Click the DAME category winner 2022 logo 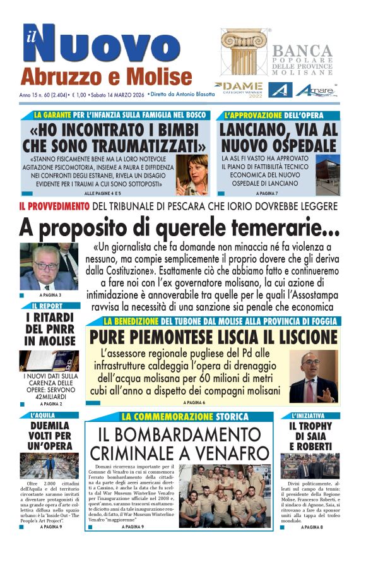click(237, 89)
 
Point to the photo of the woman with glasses click(192, 175)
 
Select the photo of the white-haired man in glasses click(49, 266)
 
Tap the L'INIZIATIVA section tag click(308, 416)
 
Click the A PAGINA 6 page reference click(194, 402)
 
